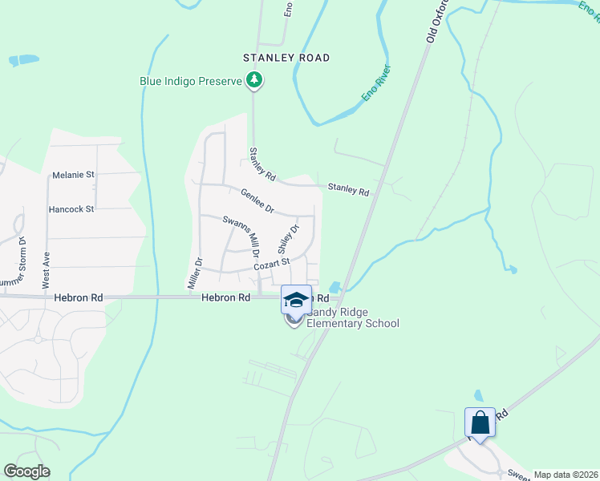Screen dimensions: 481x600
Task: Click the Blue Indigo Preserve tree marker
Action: pos(254,79)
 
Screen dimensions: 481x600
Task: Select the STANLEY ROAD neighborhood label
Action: pos(286,58)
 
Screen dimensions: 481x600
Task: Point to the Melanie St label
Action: pos(73,174)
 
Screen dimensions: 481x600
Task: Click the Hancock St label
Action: pos(71,209)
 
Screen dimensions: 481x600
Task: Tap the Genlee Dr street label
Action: pos(258,200)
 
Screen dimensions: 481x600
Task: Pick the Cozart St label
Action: pos(270,263)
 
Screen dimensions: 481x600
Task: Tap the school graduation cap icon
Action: pos(296,300)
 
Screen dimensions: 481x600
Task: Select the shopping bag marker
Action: pos(480,422)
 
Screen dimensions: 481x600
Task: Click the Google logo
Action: pos(26,471)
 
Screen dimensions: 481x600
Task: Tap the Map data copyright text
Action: pos(565,475)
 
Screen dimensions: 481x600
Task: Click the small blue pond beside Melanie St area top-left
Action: pos(23,59)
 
